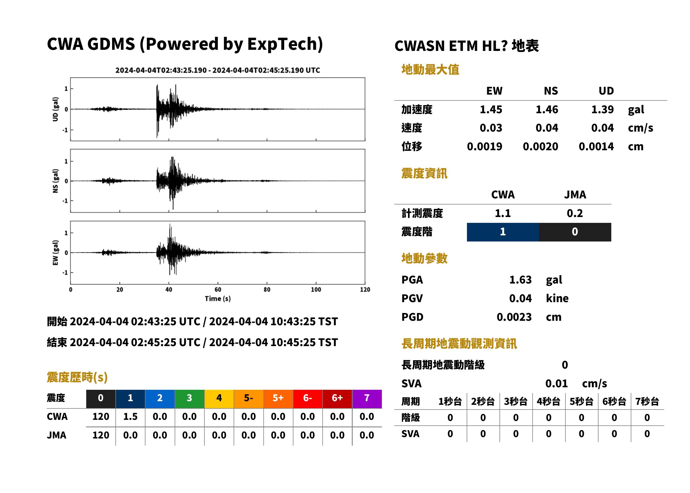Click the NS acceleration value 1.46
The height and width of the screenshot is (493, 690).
[x=546, y=109]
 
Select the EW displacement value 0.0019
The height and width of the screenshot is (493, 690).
[x=484, y=146]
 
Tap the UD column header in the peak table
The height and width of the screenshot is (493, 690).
[x=606, y=91]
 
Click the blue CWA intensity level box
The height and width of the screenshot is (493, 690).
[x=503, y=232]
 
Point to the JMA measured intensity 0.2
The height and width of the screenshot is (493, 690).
[x=574, y=213]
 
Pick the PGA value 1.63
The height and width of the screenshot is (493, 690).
[x=520, y=280]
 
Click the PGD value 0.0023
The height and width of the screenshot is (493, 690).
[x=514, y=317]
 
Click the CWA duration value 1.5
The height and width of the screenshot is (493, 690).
[x=130, y=416]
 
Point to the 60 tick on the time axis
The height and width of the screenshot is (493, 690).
[x=218, y=290]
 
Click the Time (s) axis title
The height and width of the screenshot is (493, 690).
[x=217, y=299]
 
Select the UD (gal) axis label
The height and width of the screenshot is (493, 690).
[x=55, y=109]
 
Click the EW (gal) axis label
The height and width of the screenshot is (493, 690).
[x=55, y=253]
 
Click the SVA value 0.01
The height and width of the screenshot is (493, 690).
[x=556, y=383]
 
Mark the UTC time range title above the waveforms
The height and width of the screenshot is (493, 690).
[x=217, y=70]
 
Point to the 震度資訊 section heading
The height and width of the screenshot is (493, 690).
[x=424, y=173]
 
